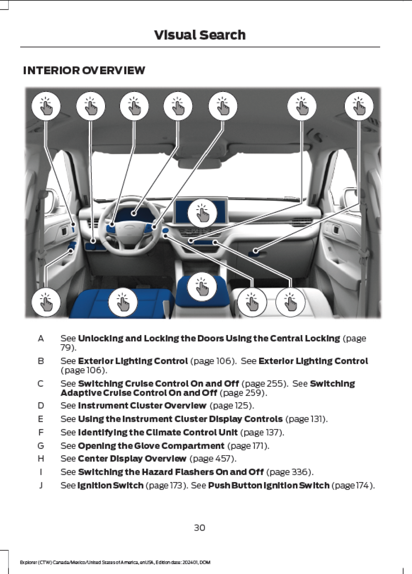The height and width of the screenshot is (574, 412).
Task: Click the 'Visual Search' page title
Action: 200,35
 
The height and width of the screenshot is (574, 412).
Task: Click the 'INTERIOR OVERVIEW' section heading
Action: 84,71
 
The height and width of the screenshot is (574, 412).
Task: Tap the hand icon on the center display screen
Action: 202,213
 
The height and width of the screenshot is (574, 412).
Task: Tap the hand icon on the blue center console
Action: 202,287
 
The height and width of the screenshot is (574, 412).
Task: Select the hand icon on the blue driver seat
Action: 123,302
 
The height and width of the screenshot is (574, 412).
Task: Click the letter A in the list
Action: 41,339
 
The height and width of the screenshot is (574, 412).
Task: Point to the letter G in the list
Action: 41,446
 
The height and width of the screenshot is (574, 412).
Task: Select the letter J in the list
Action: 41,486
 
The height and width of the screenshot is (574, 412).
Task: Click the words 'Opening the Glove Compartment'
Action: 151,446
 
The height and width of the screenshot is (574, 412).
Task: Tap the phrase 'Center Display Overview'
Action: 132,459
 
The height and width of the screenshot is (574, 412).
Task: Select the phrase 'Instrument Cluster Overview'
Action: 142,406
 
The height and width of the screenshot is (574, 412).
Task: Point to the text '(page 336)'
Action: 290,472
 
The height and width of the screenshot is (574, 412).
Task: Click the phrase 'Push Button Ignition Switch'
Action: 269,486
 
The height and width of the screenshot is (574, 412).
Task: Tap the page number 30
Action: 200,528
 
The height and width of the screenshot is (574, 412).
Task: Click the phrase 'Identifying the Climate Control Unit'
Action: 158,433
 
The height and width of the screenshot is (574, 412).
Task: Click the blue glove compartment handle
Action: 254,252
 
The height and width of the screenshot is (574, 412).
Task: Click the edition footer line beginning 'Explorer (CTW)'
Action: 115,562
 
